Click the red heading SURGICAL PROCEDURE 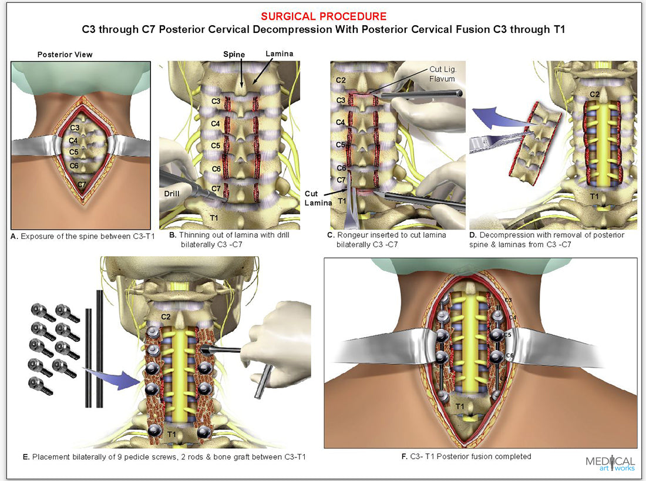coord(323,16)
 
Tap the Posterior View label coord(65,55)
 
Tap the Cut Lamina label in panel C coord(319,197)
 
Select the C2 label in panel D coord(594,94)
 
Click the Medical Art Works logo coord(610,463)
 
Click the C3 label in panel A coord(75,127)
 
